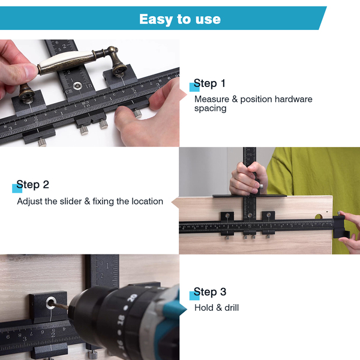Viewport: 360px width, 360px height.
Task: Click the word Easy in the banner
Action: click(x=156, y=20)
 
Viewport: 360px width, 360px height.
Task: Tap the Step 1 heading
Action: click(x=209, y=83)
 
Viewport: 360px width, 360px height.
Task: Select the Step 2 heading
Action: click(x=32, y=185)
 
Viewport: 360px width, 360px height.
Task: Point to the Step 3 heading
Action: click(x=210, y=292)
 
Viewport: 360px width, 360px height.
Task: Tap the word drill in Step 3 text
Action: click(x=232, y=308)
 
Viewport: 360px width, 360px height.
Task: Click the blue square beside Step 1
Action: click(x=194, y=87)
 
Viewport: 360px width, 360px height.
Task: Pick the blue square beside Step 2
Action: click(x=17, y=188)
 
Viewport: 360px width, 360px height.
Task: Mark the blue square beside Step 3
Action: click(x=194, y=296)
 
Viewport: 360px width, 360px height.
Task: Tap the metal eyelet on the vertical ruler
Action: click(x=77, y=86)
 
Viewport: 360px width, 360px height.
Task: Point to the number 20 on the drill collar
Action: click(x=133, y=298)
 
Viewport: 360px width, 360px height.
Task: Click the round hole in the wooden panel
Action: click(x=319, y=216)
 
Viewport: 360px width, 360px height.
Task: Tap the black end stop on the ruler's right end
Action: click(x=341, y=227)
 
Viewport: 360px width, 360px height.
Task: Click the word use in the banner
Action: click(x=208, y=20)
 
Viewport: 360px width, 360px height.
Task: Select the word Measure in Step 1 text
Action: click(x=212, y=99)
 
